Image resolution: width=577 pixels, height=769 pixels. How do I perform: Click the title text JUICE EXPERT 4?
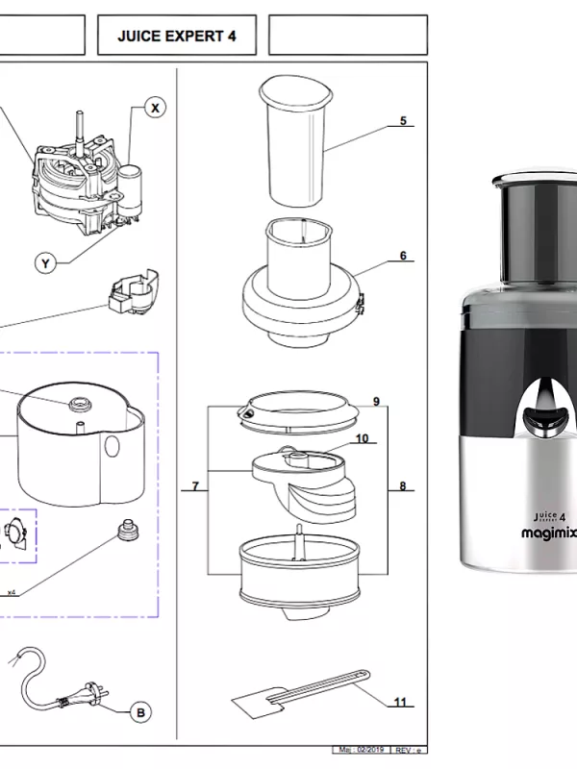click(176, 37)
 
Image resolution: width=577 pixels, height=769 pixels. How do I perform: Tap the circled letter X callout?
click(155, 109)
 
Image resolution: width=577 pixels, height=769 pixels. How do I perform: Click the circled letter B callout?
click(140, 712)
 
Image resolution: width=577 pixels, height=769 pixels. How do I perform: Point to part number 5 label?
click(403, 121)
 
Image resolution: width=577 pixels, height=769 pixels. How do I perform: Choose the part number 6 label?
click(403, 256)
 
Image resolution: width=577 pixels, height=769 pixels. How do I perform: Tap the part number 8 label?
click(403, 486)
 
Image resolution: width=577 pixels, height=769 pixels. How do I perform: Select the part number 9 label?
click(376, 401)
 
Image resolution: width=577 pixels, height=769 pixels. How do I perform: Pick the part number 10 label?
click(362, 438)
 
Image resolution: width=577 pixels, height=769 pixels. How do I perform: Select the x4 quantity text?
click(12, 591)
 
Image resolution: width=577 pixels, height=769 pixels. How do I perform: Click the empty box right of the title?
click(347, 37)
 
